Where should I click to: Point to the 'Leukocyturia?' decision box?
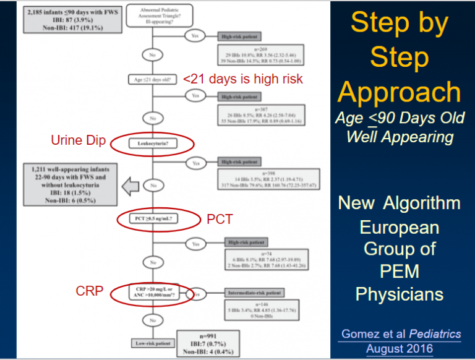[x=151, y=144]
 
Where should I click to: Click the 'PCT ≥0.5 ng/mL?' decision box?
[x=152, y=219]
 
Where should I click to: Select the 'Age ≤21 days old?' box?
[x=151, y=79]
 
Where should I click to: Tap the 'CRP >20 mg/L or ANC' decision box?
[x=151, y=293]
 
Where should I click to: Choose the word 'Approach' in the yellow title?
[x=399, y=93]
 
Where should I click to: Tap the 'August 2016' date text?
[x=400, y=348]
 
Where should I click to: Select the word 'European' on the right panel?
[x=399, y=227]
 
